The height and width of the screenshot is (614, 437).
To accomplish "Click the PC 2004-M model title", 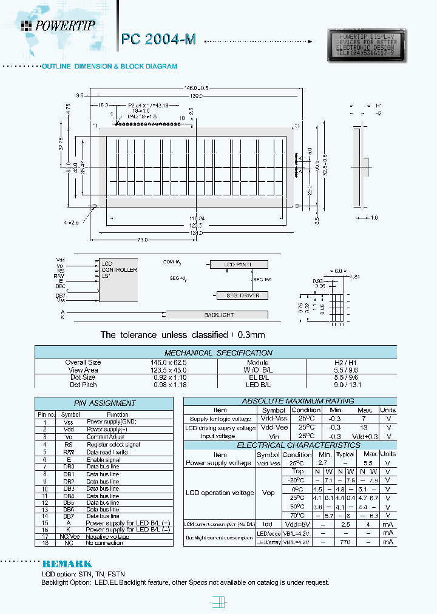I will click(158, 39).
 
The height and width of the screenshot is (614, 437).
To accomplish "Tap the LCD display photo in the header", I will click(364, 46).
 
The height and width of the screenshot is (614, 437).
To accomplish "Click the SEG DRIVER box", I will click(242, 295).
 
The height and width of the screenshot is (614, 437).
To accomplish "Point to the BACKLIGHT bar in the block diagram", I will click(218, 315).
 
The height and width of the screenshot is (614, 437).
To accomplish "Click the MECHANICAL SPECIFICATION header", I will click(218, 353).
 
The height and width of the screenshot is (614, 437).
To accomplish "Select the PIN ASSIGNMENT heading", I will click(104, 403).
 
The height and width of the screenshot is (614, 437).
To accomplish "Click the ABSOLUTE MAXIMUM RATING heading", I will click(289, 401).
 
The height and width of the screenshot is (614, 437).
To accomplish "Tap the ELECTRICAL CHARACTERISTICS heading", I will click(289, 445).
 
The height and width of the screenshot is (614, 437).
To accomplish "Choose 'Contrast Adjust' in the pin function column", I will click(106, 437).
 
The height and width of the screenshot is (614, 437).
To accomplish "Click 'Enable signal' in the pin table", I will click(103, 459).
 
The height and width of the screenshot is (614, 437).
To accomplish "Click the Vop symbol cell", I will click(268, 493).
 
